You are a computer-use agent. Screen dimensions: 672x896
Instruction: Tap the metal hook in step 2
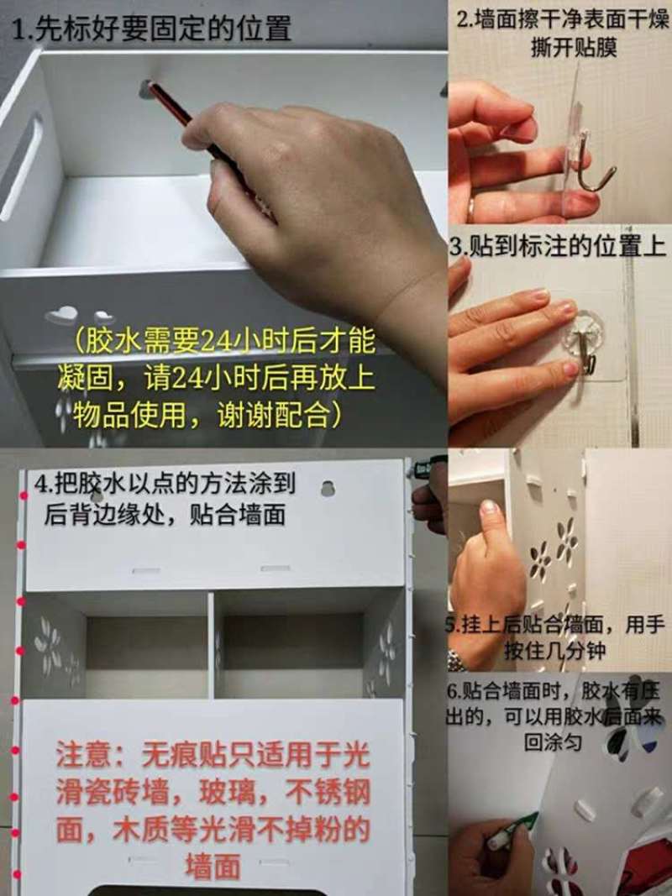coord(593,163)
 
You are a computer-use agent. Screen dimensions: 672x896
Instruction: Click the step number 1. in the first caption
coord(23,29)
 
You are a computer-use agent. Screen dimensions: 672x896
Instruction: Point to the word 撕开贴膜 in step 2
coord(574,48)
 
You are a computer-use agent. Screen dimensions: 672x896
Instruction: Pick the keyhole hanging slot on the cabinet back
coord(328,489)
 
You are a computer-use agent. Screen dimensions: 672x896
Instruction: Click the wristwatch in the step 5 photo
coord(456,661)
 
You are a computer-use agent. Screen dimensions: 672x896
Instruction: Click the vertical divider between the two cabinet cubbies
coord(212,645)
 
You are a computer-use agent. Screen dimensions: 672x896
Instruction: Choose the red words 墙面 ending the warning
coord(213,867)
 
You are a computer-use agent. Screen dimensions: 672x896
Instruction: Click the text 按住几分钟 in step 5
coord(554,650)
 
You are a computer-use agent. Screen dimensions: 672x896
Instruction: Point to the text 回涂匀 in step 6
coord(554,741)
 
